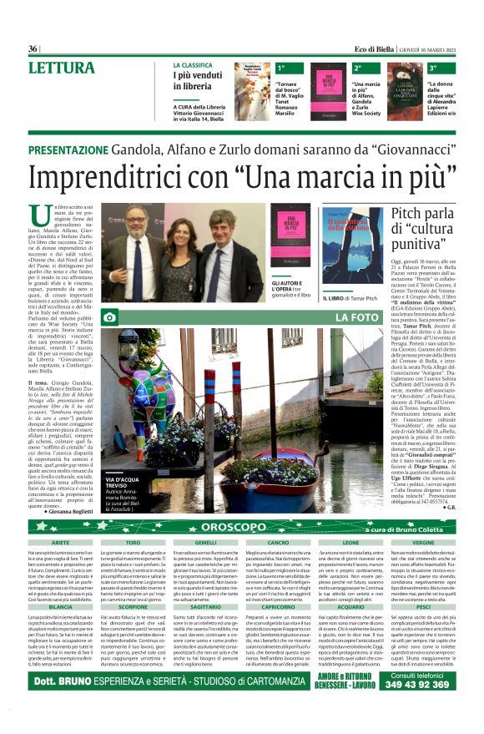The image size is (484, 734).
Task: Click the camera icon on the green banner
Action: [x=109, y=317]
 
